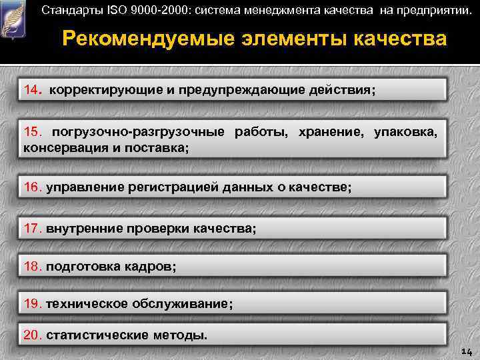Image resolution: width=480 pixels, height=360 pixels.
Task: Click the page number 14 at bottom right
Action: pyautogui.click(x=466, y=351)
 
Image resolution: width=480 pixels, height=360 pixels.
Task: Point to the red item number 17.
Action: pyautogui.click(x=33, y=228)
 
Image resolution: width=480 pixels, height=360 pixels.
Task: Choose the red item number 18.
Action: pyautogui.click(x=33, y=266)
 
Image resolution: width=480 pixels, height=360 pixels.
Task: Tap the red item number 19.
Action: pyautogui.click(x=33, y=303)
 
